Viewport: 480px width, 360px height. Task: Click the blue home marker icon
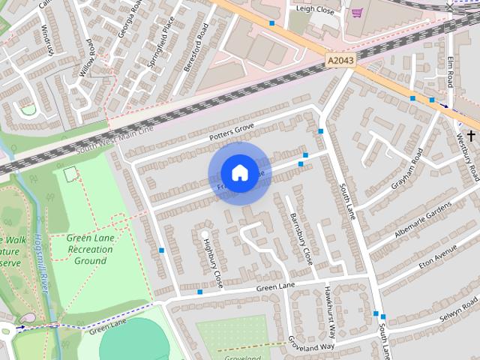[x=239, y=173]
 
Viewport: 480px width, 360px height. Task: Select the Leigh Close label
[x=314, y=9]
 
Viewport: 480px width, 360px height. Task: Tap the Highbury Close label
[x=213, y=262]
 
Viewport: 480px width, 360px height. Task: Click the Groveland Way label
[x=310, y=344]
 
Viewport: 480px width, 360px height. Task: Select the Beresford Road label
[x=196, y=46]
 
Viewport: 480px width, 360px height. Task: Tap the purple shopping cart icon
[x=357, y=12]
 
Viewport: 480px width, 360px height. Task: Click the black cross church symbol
[x=471, y=136]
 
